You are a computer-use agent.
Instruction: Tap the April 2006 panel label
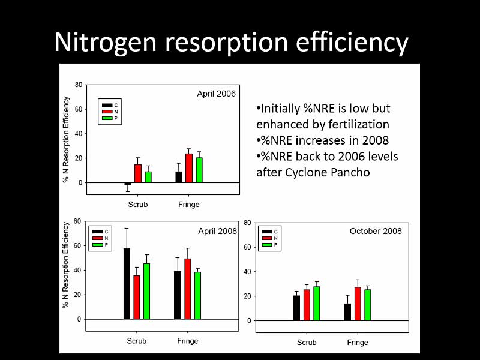[217, 94]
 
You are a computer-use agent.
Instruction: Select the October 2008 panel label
[376, 231]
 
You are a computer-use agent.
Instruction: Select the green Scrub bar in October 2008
[317, 304]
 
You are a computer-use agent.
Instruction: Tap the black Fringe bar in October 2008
[347, 312]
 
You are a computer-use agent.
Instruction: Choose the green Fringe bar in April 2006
[199, 170]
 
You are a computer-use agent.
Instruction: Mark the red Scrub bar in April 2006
[138, 173]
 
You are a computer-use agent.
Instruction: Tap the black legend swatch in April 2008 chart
[97, 231]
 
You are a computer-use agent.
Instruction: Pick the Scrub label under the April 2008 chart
[137, 341]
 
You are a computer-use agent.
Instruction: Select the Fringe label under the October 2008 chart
[358, 343]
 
